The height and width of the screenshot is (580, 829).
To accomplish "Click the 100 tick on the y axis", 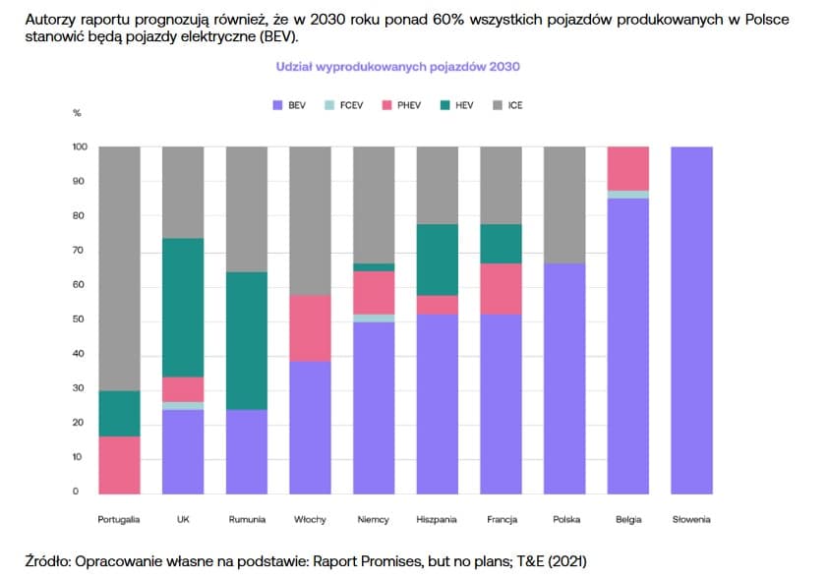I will tap(80, 147).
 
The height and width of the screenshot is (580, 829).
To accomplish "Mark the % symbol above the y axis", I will tap(77, 113).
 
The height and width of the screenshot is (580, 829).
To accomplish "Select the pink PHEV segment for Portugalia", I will tap(119, 464).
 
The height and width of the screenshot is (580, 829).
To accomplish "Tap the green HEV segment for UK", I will tap(183, 307).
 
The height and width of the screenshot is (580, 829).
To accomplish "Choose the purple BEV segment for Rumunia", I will tap(247, 451).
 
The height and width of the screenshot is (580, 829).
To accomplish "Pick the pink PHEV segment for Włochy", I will tap(311, 328).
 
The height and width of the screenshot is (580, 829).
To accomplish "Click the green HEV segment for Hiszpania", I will tap(437, 260).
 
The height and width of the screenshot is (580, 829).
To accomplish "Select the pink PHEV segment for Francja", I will tap(501, 288).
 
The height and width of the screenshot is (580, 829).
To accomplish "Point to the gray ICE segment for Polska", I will tap(564, 204).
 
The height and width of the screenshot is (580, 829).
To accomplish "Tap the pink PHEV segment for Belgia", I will tap(628, 168).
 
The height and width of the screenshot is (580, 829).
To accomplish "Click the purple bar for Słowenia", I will tap(692, 319).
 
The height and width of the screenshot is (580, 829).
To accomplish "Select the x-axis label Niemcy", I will tap(374, 519).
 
